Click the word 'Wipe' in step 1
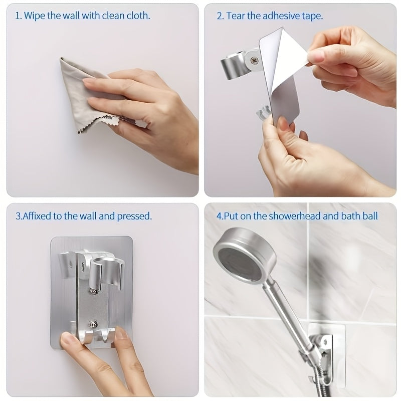(x=35, y=16)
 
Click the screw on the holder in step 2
(x=255, y=61)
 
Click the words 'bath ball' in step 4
(x=362, y=217)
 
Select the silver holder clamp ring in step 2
(x=233, y=65)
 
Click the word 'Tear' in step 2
(x=236, y=16)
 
